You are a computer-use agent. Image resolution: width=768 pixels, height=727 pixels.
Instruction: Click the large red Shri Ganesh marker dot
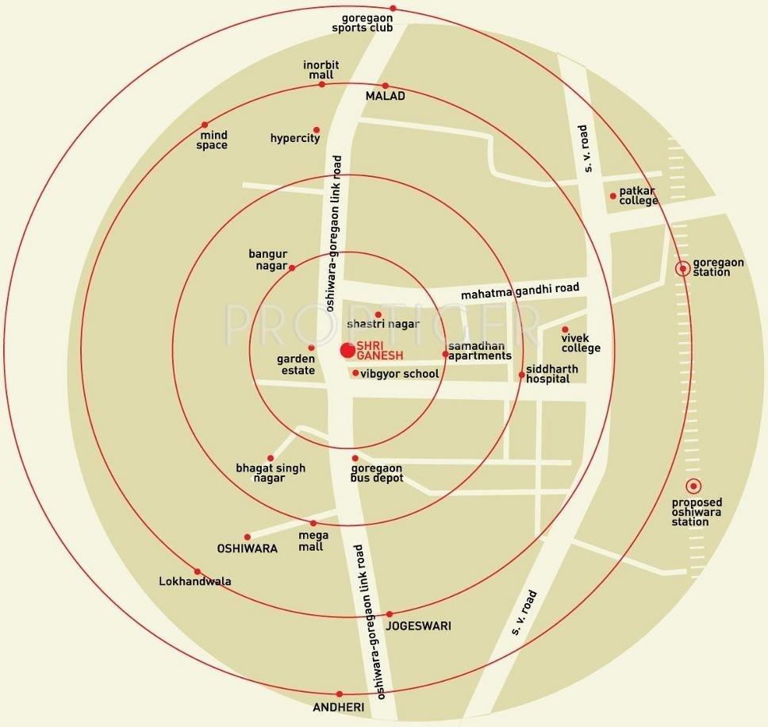(348, 350)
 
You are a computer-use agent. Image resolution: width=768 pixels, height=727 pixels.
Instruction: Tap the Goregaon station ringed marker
(682, 268)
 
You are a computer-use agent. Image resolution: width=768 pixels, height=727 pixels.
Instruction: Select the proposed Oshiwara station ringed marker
(693, 487)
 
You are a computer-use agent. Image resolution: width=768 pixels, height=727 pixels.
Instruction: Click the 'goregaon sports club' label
(363, 22)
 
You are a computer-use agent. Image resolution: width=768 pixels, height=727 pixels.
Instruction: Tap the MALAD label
(385, 96)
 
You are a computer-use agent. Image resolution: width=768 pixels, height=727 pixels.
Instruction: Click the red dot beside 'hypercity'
(317, 130)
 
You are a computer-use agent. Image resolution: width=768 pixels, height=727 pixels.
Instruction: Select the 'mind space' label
(212, 140)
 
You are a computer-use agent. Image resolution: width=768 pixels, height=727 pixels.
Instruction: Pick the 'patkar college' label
(639, 195)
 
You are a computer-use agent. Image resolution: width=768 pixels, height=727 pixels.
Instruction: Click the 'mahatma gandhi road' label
(520, 291)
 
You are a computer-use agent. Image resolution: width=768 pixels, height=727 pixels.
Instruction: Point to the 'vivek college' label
(581, 342)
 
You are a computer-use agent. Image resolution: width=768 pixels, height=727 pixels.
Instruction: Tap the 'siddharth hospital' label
(551, 374)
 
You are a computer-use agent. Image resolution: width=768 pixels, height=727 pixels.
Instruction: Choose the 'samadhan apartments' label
(479, 352)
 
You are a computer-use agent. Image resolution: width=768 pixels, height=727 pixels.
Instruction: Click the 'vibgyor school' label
(399, 374)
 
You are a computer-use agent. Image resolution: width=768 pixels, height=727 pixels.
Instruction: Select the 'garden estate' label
(296, 364)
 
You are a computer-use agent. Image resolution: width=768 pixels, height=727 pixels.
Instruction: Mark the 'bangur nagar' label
(267, 260)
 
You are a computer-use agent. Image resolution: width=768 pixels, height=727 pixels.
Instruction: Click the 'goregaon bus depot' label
(377, 473)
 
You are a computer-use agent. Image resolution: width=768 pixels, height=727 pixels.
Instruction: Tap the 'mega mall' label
(311, 540)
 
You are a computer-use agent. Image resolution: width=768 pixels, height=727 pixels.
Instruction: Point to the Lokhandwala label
(195, 582)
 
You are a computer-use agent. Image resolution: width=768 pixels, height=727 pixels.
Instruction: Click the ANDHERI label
(338, 707)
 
